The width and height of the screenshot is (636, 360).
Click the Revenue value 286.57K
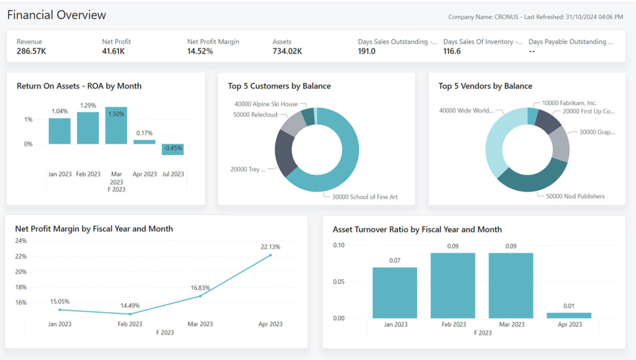[x=31, y=51]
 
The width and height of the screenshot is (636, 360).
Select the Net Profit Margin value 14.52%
[x=200, y=51]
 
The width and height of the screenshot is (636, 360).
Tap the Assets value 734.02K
[x=287, y=51]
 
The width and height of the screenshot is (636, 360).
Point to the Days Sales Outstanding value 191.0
[x=366, y=51]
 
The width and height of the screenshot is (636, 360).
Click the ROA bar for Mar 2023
[x=116, y=126]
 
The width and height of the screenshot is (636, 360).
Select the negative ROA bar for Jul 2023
[x=173, y=149]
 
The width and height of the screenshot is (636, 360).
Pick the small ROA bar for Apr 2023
[x=144, y=142]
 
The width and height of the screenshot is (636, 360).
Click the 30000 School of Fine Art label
[x=364, y=197]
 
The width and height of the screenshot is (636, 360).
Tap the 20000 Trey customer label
[x=248, y=169]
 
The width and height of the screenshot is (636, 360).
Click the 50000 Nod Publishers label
[x=575, y=196]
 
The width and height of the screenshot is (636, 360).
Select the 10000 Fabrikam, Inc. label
[x=569, y=103]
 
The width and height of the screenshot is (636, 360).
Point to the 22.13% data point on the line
[x=271, y=255]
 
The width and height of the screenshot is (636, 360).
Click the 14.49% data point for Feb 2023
[x=130, y=314]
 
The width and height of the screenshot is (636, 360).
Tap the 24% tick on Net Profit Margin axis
[x=21, y=241]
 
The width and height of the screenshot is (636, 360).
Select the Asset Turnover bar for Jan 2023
[x=395, y=293]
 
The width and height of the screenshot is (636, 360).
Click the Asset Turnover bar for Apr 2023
[x=569, y=315]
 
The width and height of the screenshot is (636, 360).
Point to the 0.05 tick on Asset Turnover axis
[x=339, y=282]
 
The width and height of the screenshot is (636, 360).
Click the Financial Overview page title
[x=56, y=15]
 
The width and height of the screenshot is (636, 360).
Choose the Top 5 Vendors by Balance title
[x=485, y=86]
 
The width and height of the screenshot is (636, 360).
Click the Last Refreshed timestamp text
[x=573, y=17]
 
